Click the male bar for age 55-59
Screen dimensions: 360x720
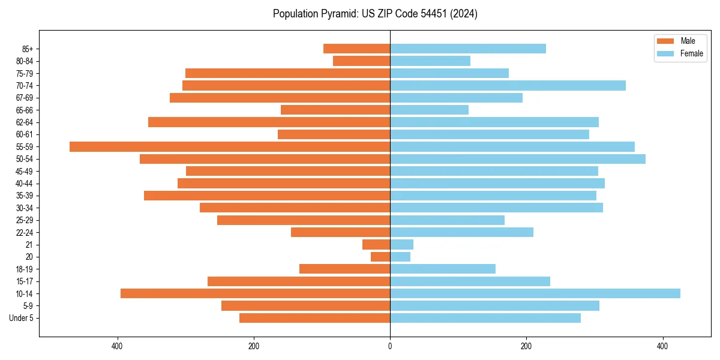coord(230,146)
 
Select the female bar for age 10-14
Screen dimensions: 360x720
coord(535,293)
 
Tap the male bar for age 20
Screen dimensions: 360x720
coord(380,257)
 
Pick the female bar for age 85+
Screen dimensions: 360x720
coord(468,49)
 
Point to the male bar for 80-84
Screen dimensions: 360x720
coord(361,61)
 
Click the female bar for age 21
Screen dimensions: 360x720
coord(402,244)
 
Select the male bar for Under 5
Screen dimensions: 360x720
coord(314,318)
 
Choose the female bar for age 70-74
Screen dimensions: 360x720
coord(508,85)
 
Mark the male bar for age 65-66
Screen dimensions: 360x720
coord(335,110)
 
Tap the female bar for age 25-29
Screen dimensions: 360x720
coord(447,220)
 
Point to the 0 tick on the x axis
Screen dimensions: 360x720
coord(390,346)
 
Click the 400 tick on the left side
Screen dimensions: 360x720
coord(118,346)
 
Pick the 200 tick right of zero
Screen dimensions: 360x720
coord(526,346)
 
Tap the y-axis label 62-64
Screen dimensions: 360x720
coord(25,122)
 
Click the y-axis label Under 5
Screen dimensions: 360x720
coord(21,318)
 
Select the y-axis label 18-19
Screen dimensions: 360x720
coord(25,269)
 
